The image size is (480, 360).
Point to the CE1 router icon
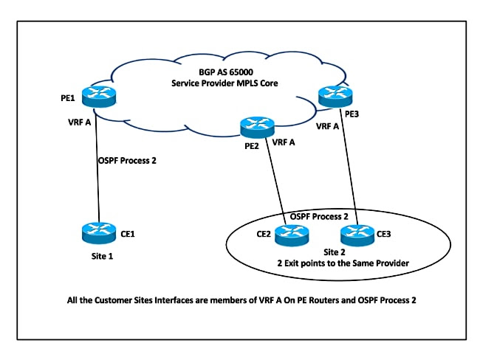point(99,233)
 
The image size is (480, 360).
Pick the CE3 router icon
point(357,235)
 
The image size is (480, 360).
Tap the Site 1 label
point(99,258)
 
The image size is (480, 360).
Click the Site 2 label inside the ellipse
point(322,252)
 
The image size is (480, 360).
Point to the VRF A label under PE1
point(78,123)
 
